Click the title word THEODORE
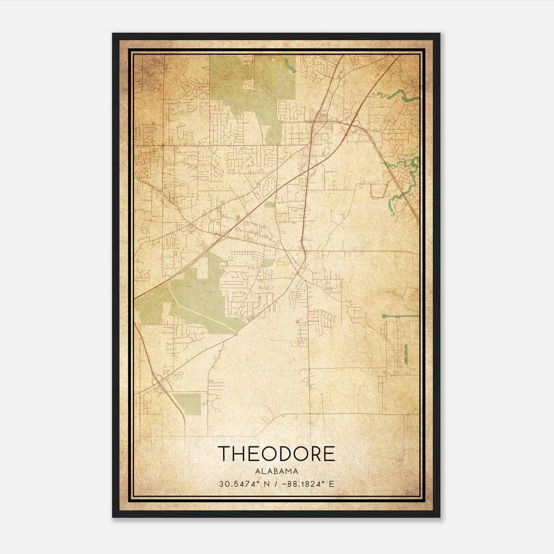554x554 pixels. [277, 453]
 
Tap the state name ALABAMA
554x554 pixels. [277, 471]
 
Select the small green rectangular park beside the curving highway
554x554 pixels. [187, 404]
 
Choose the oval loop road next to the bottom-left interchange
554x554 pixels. [178, 376]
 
